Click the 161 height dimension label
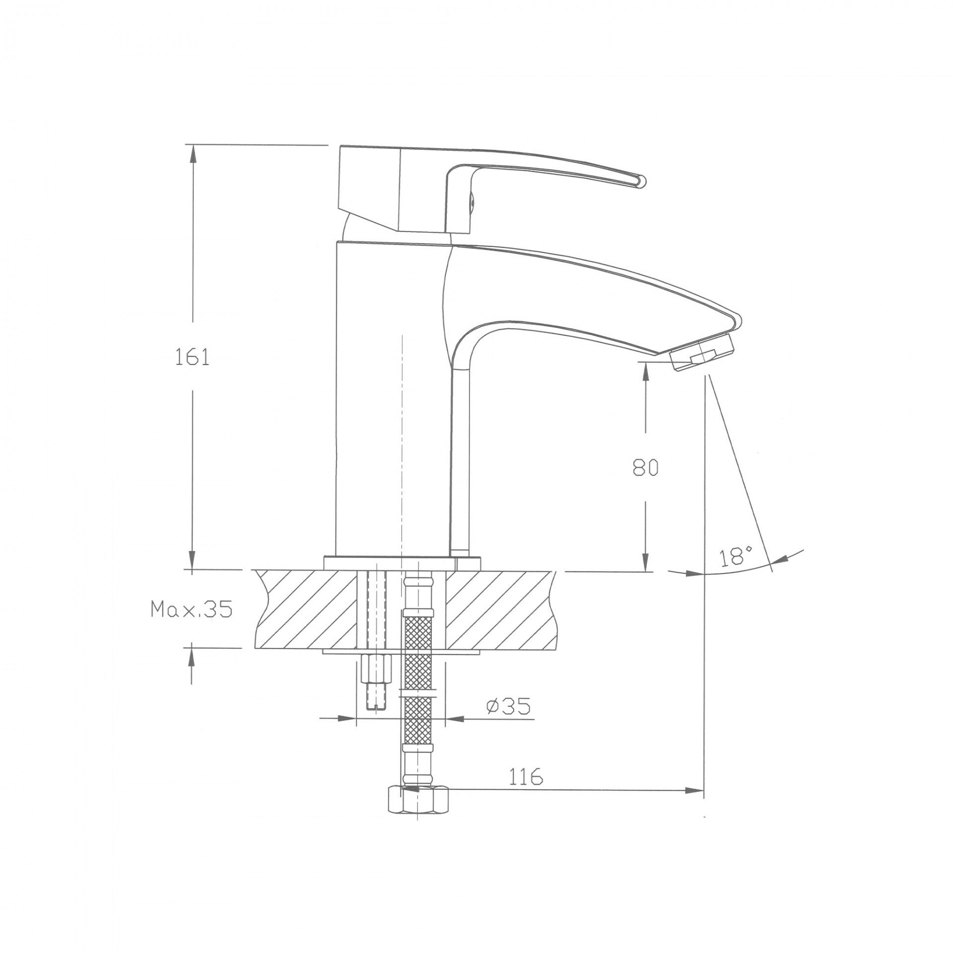coord(192,357)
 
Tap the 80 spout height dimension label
coord(645,468)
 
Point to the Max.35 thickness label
coord(192,609)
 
